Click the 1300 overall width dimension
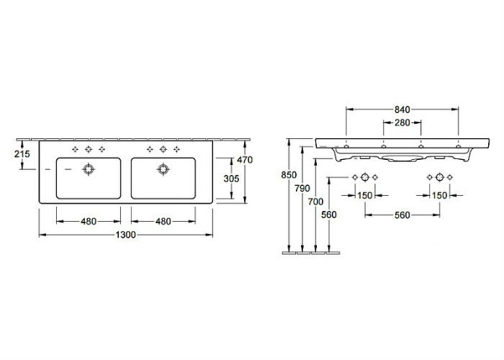click(126, 235)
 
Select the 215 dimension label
click(22, 154)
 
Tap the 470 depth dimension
click(245, 159)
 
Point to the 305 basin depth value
click(231, 179)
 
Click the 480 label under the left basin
click(89, 222)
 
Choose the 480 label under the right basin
click(163, 222)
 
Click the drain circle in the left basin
click(89, 169)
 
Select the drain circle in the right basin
click(163, 169)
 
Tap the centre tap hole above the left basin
click(89, 149)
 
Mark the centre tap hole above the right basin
click(163, 149)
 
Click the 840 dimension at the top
click(402, 109)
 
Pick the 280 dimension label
click(402, 122)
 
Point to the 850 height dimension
click(289, 175)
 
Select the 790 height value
click(302, 189)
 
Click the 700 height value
click(315, 202)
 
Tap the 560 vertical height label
click(329, 215)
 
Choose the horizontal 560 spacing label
click(402, 215)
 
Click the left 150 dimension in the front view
click(365, 195)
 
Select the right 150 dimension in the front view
click(439, 195)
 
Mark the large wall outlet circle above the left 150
click(365, 177)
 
